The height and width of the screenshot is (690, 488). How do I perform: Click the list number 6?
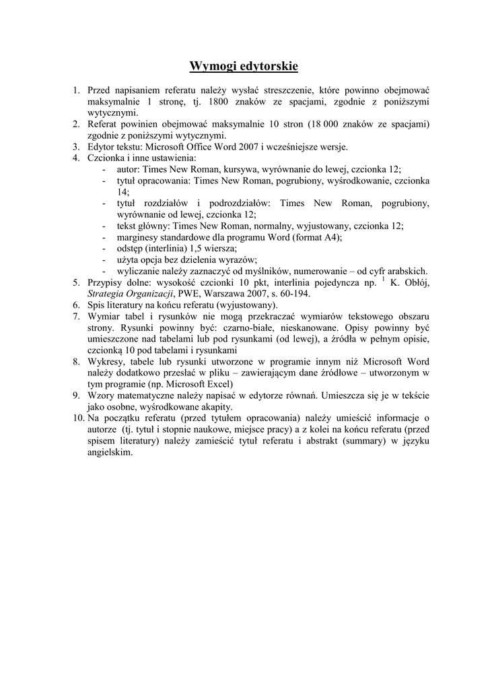76,305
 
